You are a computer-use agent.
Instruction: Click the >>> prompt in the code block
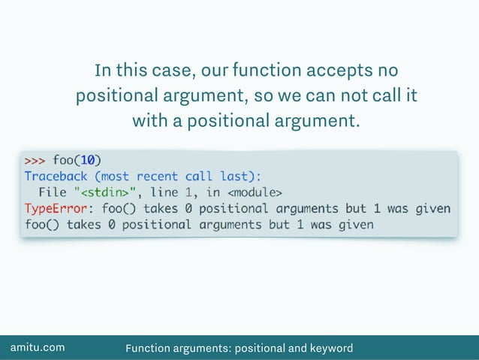point(35,160)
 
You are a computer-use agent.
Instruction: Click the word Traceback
point(56,176)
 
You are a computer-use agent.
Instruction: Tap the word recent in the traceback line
point(158,176)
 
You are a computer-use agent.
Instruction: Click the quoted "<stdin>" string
point(102,192)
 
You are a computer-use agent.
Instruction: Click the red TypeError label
point(56,208)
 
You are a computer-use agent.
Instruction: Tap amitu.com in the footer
point(37,347)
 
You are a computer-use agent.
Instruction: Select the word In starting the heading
point(102,72)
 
